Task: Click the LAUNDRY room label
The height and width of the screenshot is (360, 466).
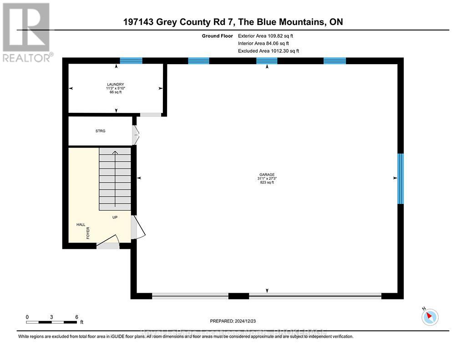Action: pyautogui.click(x=114, y=84)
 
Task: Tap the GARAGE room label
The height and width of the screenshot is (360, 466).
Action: pyautogui.click(x=267, y=174)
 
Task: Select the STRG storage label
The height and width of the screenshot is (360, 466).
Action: pyautogui.click(x=100, y=131)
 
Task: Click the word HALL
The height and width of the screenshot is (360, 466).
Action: pyautogui.click(x=81, y=225)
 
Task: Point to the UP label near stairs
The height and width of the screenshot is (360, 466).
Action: pyautogui.click(x=115, y=218)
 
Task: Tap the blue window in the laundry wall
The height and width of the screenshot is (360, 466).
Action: pyautogui.click(x=131, y=61)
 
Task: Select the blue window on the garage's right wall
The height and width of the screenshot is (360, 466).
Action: pyautogui.click(x=400, y=178)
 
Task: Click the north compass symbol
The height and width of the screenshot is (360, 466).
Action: pyautogui.click(x=430, y=317)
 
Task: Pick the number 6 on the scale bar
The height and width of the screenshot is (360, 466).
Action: pyautogui.click(x=76, y=317)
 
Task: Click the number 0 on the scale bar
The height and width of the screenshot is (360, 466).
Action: pyautogui.click(x=27, y=317)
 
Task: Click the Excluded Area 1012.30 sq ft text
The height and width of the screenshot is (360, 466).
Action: pyautogui.click(x=268, y=51)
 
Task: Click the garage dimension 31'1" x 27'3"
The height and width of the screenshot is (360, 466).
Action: pyautogui.click(x=267, y=178)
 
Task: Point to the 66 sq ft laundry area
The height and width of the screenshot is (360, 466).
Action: pyautogui.click(x=114, y=92)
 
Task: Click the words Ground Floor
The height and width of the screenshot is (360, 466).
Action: pyautogui.click(x=217, y=35)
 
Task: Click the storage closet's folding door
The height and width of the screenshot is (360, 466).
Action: pyautogui.click(x=135, y=135)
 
